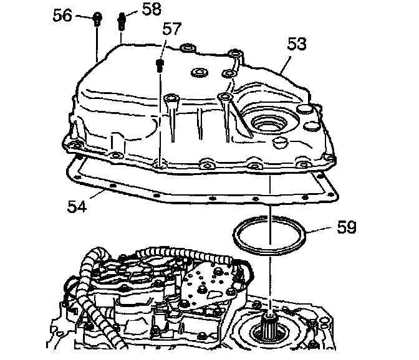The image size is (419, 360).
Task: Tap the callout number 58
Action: pyautogui.click(x=151, y=9)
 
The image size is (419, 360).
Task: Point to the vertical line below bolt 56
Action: pyautogui.click(x=97, y=44)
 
